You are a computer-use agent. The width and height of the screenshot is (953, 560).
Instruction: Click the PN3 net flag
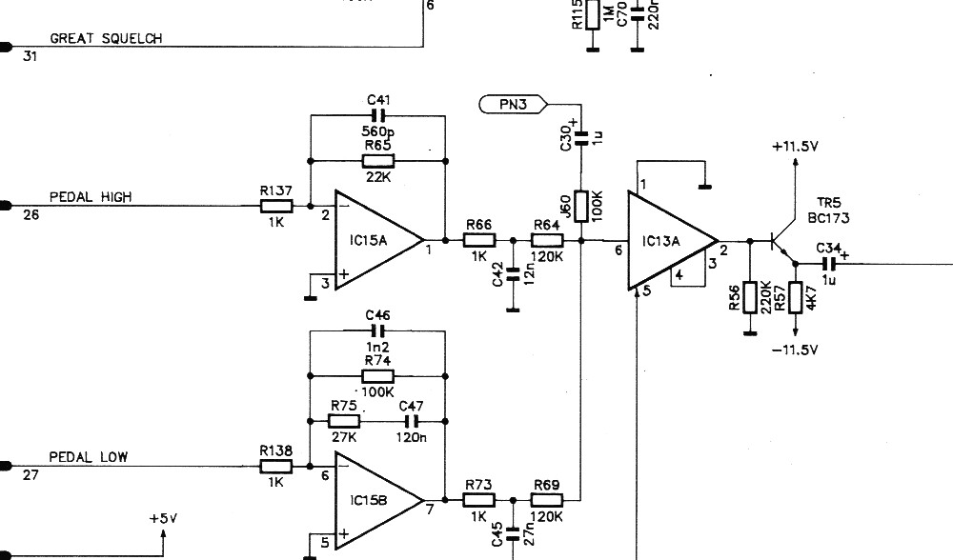pos(513,105)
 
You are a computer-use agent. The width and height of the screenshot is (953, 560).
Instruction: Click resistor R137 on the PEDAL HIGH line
pos(276,206)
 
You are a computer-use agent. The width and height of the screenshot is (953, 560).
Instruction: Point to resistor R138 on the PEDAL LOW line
pos(276,467)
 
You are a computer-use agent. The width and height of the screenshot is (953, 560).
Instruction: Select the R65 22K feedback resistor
pos(378,161)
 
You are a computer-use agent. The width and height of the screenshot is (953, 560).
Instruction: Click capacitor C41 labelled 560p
pos(378,116)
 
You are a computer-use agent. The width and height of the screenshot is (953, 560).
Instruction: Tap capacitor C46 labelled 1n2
pos(378,331)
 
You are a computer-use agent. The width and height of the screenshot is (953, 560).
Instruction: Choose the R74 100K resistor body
pos(378,376)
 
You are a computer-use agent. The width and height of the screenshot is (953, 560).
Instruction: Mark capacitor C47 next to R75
pos(412,421)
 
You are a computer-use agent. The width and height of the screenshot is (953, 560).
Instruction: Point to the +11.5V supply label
pos(795,147)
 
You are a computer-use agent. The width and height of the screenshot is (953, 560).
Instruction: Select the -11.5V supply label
pos(795,350)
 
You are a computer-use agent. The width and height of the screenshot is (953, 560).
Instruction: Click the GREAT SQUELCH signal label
pos(106,38)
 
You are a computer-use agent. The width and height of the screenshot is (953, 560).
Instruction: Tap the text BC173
pos(828,218)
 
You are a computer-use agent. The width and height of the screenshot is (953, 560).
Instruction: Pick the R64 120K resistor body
pos(547,241)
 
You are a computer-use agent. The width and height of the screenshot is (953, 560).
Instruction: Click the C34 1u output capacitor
pos(829,264)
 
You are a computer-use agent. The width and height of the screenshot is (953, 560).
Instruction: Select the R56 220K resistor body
pos(750,297)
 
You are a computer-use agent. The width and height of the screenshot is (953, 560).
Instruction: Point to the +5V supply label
pos(164,519)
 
